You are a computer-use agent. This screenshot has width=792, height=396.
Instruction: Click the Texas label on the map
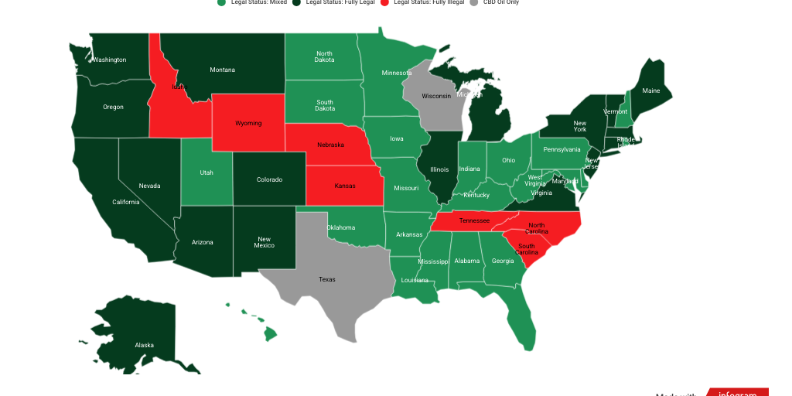327,279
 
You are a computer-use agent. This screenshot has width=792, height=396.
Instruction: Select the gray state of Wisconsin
435,97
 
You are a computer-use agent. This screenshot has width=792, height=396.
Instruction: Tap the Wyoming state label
248,123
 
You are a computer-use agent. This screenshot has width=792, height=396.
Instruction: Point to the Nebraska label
330,145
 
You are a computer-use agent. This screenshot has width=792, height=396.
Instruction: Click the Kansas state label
345,186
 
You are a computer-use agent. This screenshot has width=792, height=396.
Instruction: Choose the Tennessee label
474,220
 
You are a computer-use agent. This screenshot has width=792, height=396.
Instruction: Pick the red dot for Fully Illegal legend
387,2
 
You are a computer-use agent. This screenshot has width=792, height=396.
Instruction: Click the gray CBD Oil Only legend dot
474,2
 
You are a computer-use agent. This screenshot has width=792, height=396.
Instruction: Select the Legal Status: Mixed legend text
258,2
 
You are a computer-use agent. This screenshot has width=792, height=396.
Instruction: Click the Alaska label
144,345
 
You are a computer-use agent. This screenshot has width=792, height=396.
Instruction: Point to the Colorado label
269,179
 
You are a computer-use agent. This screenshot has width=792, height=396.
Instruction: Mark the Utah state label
206,172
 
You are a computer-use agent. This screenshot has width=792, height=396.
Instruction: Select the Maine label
651,90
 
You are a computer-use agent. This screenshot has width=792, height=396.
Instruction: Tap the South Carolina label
527,250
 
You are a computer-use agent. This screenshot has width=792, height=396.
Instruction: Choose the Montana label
222,70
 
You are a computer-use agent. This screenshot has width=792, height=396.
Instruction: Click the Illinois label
439,169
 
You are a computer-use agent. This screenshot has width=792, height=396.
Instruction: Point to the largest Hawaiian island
270,334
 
